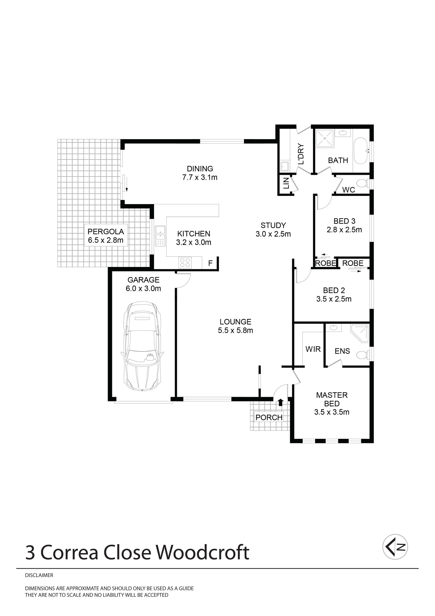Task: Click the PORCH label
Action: point(269,417)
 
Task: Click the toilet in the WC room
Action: point(362,184)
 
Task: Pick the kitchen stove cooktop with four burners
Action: point(185,262)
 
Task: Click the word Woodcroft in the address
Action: point(203,553)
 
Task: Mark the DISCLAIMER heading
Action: point(39,575)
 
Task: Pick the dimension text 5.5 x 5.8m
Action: point(235,330)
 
